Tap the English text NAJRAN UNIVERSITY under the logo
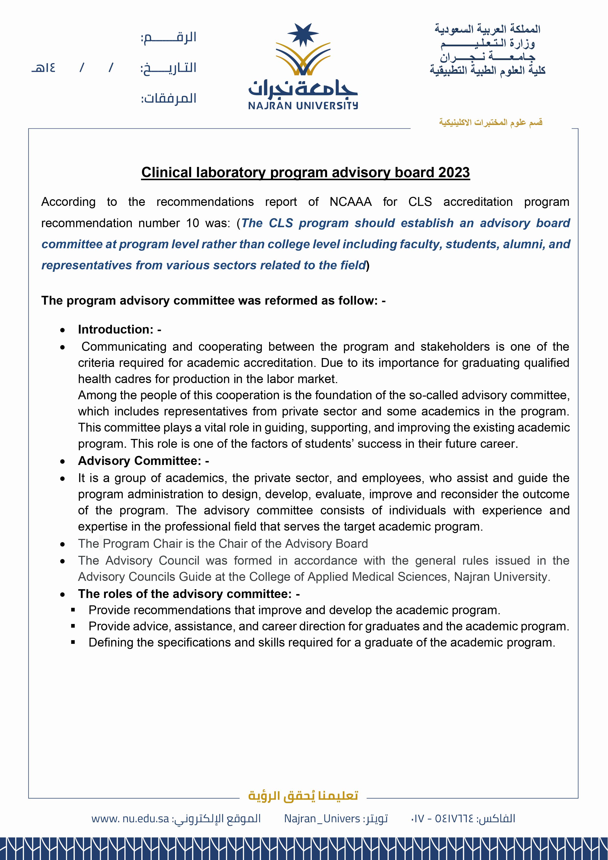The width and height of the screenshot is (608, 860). pyautogui.click(x=303, y=106)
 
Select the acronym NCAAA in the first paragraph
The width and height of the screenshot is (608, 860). pyautogui.click(x=350, y=202)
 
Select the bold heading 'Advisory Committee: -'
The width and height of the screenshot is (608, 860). pyautogui.click(x=143, y=461)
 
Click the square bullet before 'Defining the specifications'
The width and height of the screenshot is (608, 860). pyautogui.click(x=73, y=642)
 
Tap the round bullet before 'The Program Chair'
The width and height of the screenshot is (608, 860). pyautogui.click(x=63, y=544)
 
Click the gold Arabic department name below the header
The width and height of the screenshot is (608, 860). pyautogui.click(x=491, y=123)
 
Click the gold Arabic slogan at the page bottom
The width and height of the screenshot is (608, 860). pyautogui.click(x=303, y=795)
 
